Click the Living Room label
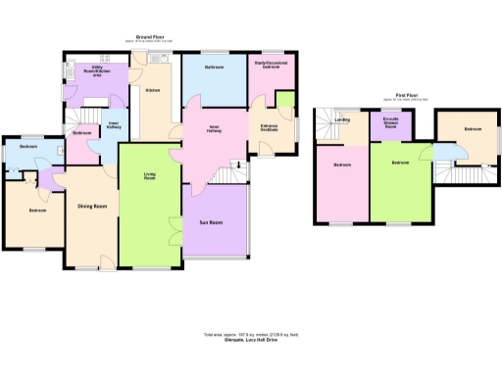[x=150, y=176]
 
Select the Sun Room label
[x=214, y=223]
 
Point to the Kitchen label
[x=153, y=90]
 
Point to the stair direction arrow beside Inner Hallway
[x=236, y=164]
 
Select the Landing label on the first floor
[x=342, y=121]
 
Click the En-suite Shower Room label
[x=389, y=123]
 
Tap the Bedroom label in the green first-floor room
[x=401, y=163]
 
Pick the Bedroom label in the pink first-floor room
[x=341, y=165]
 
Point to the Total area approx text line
[x=251, y=335]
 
